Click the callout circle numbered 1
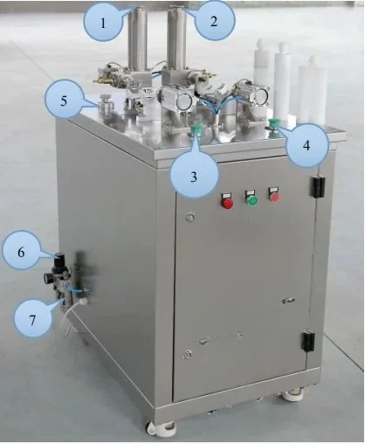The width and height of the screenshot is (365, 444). (105, 24)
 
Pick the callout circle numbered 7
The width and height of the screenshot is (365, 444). (31, 320)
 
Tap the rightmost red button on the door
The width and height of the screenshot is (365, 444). (273, 195)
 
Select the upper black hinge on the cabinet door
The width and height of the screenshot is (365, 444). (318, 186)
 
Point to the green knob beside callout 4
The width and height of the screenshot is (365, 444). (273, 124)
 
